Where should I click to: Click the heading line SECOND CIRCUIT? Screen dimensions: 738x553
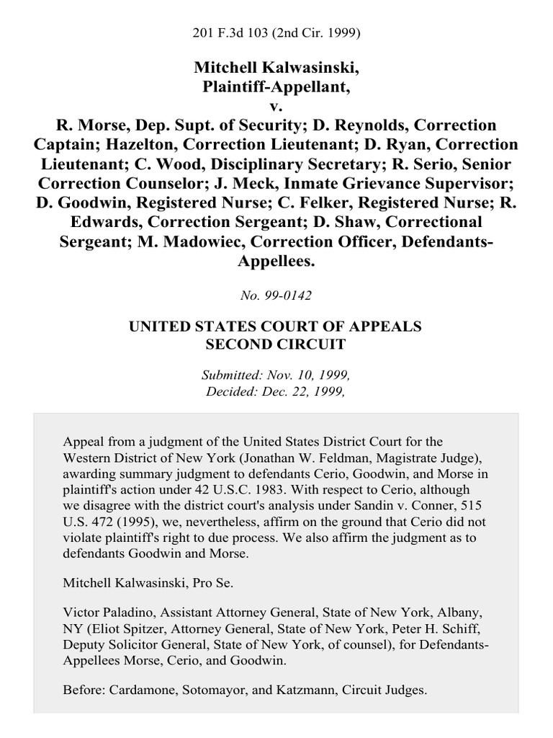coord(275,344)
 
